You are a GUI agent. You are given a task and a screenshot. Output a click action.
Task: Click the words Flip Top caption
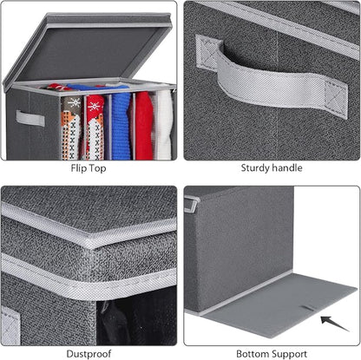point(89,168)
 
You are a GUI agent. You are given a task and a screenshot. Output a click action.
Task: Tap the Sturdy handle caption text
point(272,167)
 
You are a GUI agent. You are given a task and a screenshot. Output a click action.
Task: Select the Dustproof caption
point(89,353)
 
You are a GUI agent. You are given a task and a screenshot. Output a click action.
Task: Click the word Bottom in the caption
point(252,354)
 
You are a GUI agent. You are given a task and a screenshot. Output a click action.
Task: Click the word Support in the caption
point(288,354)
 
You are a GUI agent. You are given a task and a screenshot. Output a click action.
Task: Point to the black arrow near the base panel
point(335,324)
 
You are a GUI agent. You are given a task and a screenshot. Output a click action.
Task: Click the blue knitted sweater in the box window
point(121,126)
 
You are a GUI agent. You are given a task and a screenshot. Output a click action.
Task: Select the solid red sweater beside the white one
point(144,125)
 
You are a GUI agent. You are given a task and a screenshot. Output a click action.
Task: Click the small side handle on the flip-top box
point(30,118)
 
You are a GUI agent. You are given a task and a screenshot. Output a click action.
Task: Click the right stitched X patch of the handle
point(336,98)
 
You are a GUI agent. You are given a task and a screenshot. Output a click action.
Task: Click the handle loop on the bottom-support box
point(191,203)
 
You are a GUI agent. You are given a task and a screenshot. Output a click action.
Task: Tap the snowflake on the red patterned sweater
point(95,107)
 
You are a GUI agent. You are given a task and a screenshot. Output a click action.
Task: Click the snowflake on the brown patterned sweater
point(74,103)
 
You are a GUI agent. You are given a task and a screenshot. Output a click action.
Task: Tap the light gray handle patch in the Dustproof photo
point(10,326)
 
